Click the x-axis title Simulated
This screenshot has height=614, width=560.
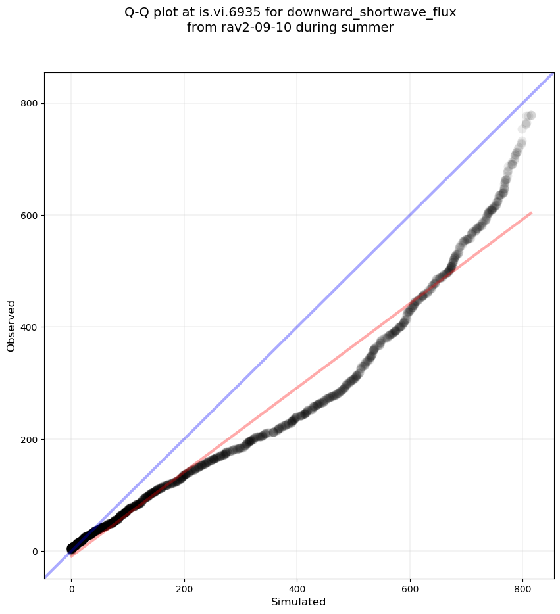pyautogui.click(x=299, y=602)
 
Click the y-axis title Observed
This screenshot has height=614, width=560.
pyautogui.click(x=11, y=325)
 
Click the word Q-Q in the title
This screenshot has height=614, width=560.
pyautogui.click(x=139, y=12)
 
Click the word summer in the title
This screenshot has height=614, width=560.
pyautogui.click(x=371, y=28)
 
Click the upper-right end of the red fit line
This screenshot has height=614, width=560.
pyautogui.click(x=531, y=213)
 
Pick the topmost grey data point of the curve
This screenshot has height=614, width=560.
pyautogui.click(x=530, y=115)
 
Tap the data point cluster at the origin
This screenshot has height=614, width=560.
pyautogui.click(x=72, y=548)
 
